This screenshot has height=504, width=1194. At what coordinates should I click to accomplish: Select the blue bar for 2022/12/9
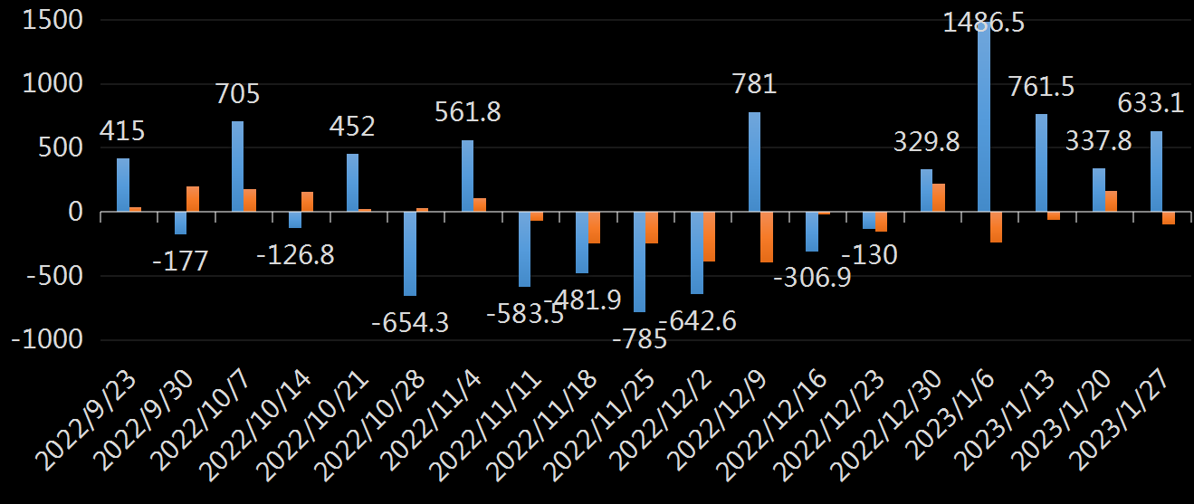754,162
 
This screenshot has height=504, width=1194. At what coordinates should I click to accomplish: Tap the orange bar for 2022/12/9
767,237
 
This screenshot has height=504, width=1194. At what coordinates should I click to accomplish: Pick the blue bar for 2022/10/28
410,253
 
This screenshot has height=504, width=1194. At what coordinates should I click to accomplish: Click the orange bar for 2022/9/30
193,199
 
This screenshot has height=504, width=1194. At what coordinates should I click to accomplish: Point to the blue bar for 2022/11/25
640,262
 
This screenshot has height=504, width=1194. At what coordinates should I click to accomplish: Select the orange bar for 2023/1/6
997,227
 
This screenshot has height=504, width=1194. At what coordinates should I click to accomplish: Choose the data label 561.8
468,112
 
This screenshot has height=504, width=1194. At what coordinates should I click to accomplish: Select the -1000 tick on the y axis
49,340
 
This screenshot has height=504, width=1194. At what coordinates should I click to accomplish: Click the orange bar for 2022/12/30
939,197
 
